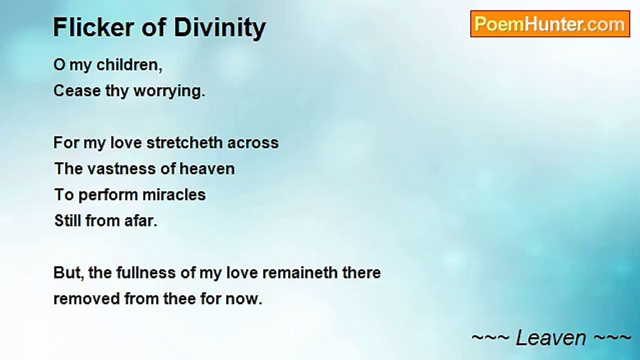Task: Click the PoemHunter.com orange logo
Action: tap(550, 24)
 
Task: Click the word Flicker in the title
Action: tap(93, 27)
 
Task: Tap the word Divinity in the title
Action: tap(219, 28)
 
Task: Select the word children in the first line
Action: tap(129, 65)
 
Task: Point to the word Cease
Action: tap(77, 91)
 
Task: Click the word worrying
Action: tap(169, 91)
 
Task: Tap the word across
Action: tap(253, 143)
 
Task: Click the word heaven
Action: tap(207, 168)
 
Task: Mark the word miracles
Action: tap(174, 194)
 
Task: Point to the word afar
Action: tap(141, 220)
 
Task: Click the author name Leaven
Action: tap(551, 337)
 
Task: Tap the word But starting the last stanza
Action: tap(68, 273)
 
